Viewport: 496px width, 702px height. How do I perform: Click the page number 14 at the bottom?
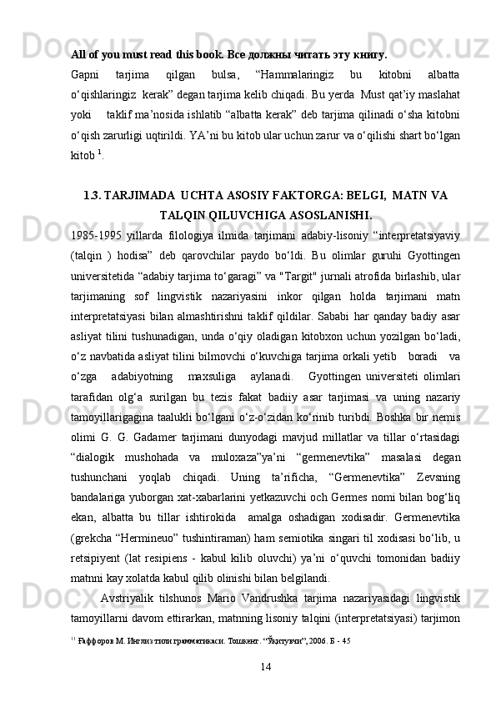point(266,664)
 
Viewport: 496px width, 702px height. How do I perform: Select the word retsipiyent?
point(98,558)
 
